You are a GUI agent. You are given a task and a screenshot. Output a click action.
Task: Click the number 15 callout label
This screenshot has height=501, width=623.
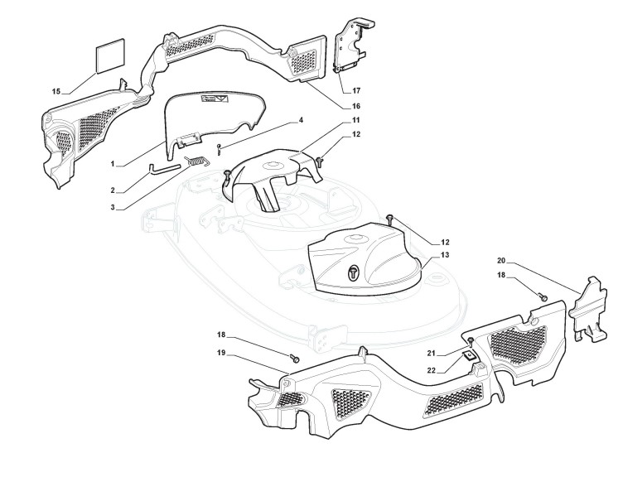[x=56, y=91]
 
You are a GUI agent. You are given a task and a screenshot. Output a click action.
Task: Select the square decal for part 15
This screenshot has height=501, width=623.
[x=110, y=58]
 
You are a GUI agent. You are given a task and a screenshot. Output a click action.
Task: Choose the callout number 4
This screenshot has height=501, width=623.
[x=301, y=120]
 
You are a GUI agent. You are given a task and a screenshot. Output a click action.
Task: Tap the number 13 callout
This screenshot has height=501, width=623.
[x=445, y=255]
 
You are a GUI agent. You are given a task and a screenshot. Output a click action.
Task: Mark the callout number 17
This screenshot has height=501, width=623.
[x=355, y=89]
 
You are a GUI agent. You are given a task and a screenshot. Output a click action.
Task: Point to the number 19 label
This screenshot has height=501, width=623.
[x=220, y=353]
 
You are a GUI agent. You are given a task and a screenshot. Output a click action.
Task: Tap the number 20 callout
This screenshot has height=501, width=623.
[x=502, y=259]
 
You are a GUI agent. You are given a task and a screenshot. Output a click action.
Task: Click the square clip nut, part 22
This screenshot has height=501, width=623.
[x=468, y=354]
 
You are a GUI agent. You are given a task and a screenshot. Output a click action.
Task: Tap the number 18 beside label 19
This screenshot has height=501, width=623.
[x=220, y=335]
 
